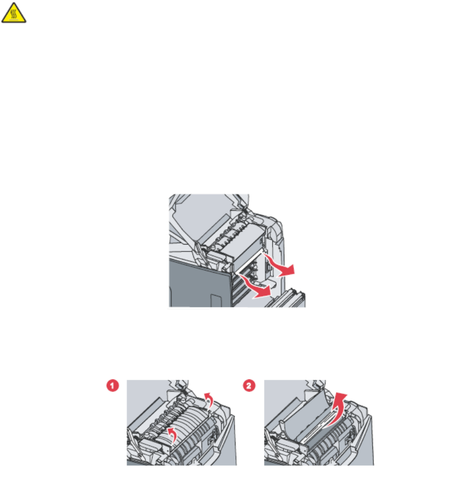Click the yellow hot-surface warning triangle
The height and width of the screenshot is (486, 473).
14,13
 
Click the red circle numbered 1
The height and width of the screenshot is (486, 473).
113,386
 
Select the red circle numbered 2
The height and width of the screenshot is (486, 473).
249,386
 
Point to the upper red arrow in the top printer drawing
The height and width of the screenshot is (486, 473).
279,265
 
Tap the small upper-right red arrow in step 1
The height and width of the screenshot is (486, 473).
209,400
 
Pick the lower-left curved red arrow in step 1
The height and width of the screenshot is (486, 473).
172,434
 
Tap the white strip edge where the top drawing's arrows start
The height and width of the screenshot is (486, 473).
249,263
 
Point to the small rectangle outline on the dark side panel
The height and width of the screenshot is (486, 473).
215,300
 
